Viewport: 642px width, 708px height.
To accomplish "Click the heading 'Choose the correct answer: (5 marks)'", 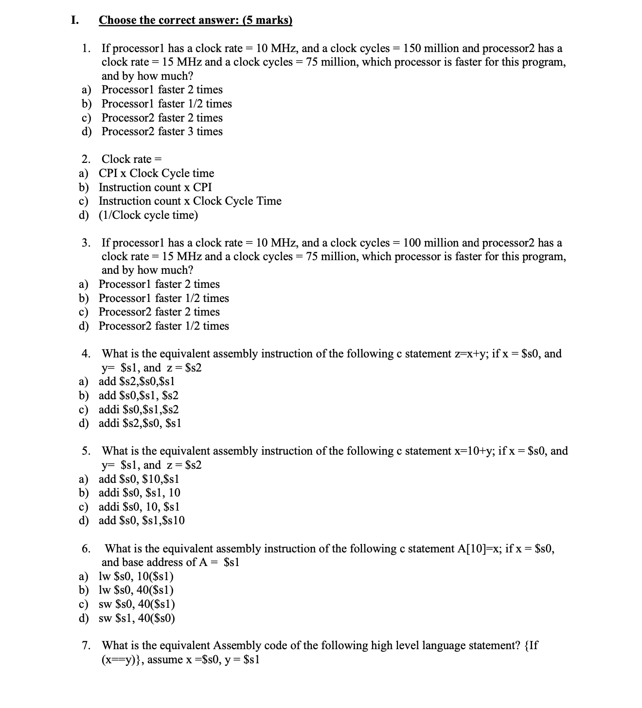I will click(196, 20).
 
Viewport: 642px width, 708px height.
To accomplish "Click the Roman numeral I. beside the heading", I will click(74, 20).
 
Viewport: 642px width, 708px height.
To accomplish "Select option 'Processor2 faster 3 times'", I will click(162, 131).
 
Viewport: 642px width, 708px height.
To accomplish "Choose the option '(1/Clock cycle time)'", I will click(148, 215).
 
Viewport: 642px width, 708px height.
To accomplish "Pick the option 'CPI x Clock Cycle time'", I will click(156, 173).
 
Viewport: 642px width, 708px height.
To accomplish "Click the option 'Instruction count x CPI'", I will click(155, 187).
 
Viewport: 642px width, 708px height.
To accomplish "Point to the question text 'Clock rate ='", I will click(131, 159).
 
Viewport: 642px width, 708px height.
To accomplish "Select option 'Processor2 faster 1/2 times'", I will click(163, 326).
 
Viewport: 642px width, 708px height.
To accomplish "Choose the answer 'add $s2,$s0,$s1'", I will click(137, 381).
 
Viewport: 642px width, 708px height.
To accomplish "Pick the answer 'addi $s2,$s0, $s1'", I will click(140, 423).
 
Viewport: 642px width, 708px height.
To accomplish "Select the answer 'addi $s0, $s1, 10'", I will click(140, 493).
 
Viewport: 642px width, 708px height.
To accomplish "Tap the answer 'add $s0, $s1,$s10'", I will click(142, 520).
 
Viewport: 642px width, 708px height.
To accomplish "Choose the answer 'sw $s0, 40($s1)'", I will click(137, 604).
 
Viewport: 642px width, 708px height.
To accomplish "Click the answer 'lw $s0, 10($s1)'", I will click(136, 576).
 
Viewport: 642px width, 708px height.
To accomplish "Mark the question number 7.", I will click(86, 646).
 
